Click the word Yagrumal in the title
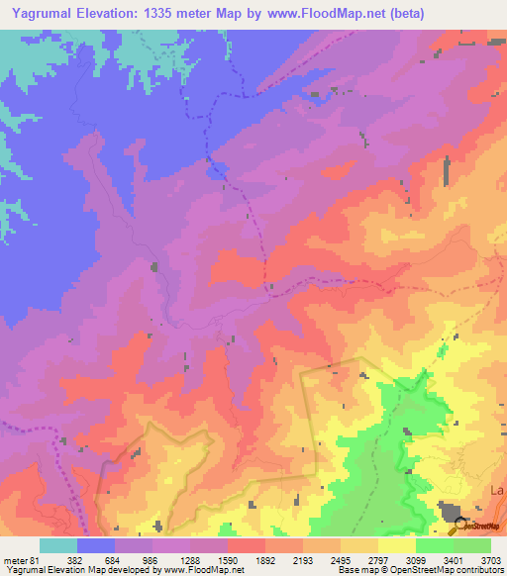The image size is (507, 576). pyautogui.click(x=44, y=13)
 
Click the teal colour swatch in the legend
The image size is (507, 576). pyautogui.click(x=57, y=546)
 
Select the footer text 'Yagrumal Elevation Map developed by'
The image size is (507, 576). pyautogui.click(x=81, y=571)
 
